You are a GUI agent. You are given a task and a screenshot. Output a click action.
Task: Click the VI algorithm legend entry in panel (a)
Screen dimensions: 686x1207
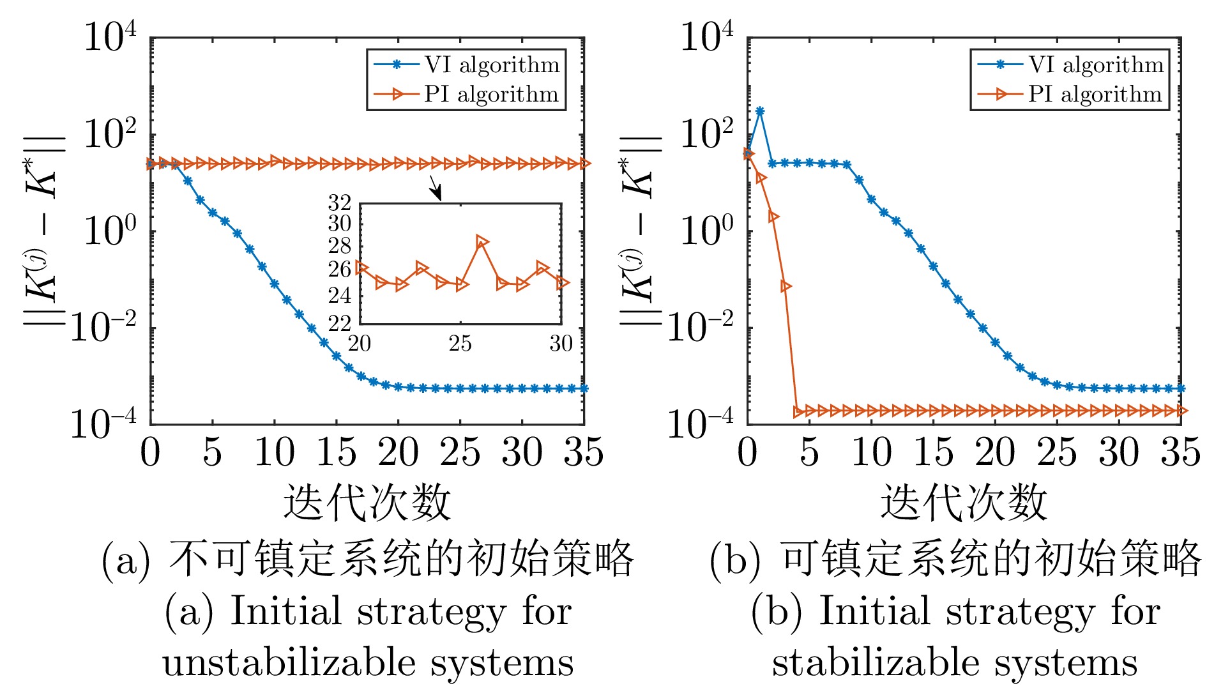click(x=466, y=65)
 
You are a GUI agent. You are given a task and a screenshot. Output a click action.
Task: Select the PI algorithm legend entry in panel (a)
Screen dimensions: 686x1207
click(x=466, y=95)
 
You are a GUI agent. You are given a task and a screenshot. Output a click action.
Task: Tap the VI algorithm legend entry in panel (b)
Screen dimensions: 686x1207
click(x=1070, y=65)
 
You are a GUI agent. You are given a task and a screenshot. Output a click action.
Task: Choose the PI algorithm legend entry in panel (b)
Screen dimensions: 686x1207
click(x=1070, y=95)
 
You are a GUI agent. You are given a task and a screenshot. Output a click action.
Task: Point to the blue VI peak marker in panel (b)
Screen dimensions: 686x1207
click(x=760, y=111)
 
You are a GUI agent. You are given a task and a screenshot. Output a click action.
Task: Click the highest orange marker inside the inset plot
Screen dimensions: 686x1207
click(x=482, y=241)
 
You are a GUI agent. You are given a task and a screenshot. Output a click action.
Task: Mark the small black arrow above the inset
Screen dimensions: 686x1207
click(x=436, y=188)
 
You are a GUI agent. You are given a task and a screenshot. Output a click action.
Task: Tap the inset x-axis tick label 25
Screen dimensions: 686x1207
click(x=460, y=344)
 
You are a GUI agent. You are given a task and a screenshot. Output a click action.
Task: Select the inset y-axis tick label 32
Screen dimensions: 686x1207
click(x=340, y=203)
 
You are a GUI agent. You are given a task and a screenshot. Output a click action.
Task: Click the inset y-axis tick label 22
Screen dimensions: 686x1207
click(x=340, y=323)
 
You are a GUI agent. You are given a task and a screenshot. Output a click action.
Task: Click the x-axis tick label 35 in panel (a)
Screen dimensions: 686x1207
click(x=584, y=452)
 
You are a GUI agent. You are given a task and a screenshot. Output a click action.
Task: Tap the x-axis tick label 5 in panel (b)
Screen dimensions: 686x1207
click(x=809, y=452)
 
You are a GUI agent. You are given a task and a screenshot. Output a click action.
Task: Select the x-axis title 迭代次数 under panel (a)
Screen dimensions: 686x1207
click(x=367, y=502)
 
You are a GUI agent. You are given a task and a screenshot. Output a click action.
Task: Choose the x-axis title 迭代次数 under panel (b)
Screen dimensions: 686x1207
click(x=964, y=502)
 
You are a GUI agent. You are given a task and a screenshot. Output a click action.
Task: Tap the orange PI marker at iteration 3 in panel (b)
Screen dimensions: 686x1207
click(x=786, y=286)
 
